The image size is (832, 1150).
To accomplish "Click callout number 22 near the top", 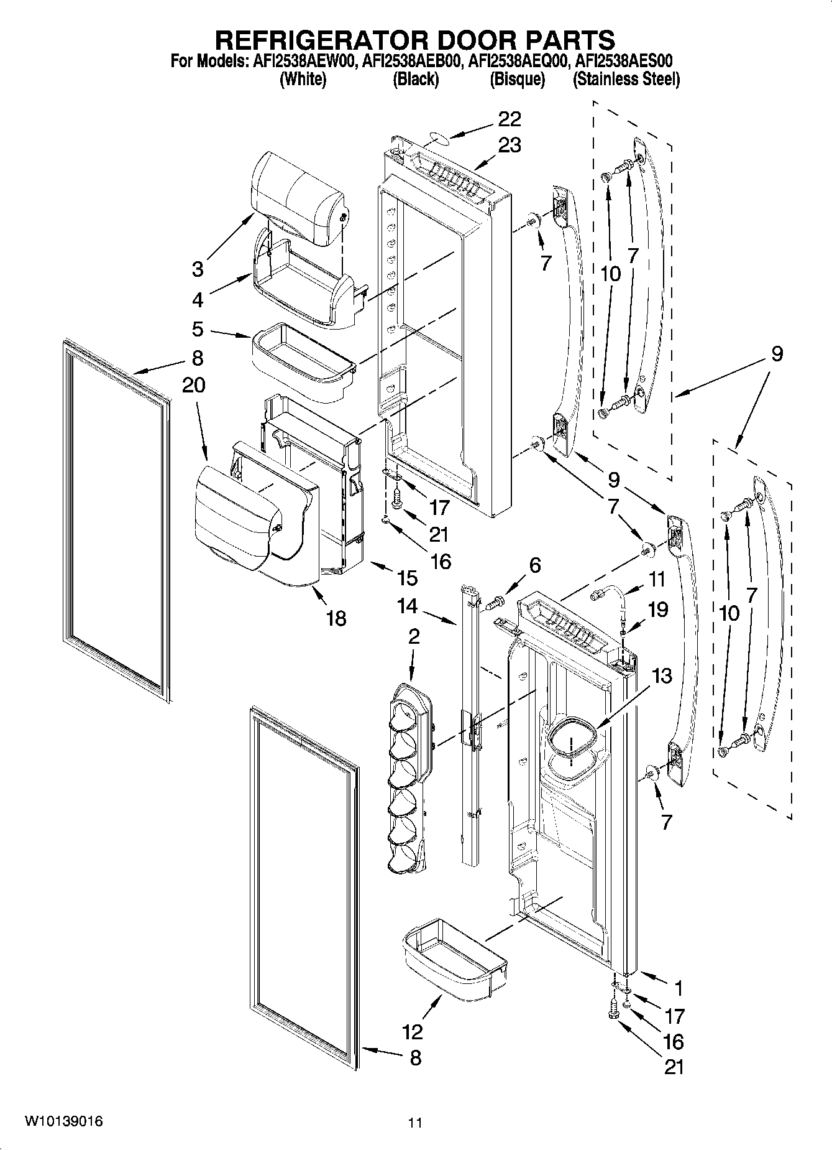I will click(x=509, y=118).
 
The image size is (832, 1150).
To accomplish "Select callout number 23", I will click(x=509, y=145).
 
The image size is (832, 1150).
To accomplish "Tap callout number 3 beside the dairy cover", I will click(x=198, y=269).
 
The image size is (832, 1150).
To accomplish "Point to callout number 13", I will click(x=663, y=675).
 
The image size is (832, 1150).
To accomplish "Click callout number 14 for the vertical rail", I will click(x=407, y=606).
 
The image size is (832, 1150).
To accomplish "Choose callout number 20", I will click(x=194, y=385).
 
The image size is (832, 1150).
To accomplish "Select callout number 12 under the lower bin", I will click(x=412, y=1032).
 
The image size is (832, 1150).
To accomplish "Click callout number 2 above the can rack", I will click(x=414, y=636).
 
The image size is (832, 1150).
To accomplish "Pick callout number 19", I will click(x=658, y=610).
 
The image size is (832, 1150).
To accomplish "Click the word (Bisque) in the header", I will click(x=518, y=80).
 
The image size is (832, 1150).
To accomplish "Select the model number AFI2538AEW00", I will click(x=303, y=62).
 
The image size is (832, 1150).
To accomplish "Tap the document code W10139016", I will click(x=63, y=1121).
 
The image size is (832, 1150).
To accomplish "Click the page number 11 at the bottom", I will click(x=415, y=1123).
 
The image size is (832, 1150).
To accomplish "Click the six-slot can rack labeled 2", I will click(x=407, y=777).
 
